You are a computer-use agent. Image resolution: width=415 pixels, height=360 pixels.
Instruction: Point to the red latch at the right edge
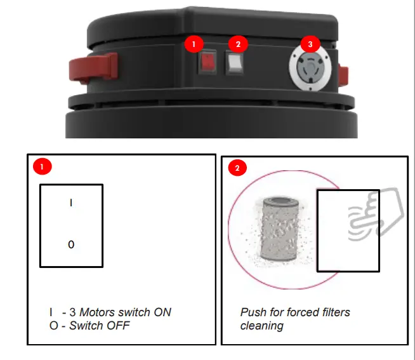(x=345, y=74)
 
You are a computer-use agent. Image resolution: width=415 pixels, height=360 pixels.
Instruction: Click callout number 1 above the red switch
(x=194, y=44)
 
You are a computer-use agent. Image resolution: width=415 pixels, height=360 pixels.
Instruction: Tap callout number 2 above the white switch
(x=238, y=44)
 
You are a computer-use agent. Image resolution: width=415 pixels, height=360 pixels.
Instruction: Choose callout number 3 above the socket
(x=310, y=44)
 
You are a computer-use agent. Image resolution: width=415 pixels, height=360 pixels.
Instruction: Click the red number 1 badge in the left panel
(x=42, y=168)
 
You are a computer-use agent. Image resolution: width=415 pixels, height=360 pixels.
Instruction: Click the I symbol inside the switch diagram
(x=71, y=203)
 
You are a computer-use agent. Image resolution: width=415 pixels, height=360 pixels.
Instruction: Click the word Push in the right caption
(x=252, y=312)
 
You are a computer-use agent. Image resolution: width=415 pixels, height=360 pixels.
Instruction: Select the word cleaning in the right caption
(x=261, y=326)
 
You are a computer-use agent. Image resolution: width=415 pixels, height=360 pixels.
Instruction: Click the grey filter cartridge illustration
(x=279, y=228)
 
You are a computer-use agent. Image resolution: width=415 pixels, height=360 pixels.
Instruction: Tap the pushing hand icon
(x=376, y=217)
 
